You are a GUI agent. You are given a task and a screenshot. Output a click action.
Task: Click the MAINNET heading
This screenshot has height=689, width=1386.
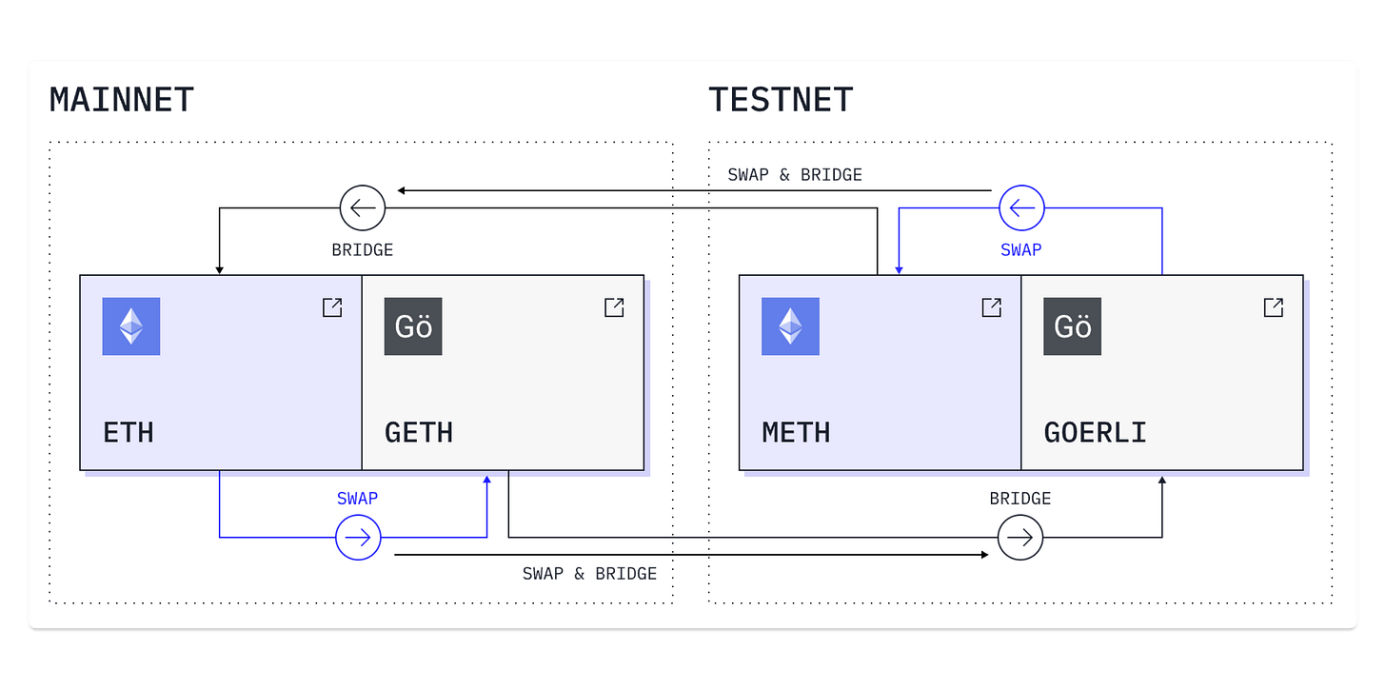(122, 100)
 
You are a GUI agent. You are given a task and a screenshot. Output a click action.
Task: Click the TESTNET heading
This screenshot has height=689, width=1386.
(781, 100)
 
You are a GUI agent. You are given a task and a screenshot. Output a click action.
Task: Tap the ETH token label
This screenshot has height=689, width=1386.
(129, 433)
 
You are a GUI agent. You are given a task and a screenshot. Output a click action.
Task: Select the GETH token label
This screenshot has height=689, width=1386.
(419, 433)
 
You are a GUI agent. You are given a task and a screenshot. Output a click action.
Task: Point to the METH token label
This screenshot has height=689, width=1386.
(796, 433)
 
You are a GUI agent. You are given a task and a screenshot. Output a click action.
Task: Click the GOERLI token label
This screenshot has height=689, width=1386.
(1095, 433)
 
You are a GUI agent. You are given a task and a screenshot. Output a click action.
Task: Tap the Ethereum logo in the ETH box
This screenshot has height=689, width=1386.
(131, 326)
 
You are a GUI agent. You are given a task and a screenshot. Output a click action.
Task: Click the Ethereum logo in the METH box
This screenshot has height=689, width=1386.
(790, 326)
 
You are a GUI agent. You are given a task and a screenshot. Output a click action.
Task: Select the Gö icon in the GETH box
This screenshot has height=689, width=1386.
(413, 326)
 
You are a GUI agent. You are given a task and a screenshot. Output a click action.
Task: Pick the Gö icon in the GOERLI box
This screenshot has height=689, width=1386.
(1072, 326)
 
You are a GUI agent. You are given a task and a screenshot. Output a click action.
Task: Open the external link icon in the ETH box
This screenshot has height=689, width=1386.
(332, 307)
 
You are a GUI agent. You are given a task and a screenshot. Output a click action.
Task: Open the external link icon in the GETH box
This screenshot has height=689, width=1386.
(614, 307)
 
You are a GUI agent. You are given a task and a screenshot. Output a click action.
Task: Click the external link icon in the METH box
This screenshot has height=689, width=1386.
(991, 307)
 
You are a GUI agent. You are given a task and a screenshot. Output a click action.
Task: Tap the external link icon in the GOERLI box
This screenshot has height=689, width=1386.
(1273, 307)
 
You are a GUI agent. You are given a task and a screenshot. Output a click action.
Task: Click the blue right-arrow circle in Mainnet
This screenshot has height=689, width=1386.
(358, 538)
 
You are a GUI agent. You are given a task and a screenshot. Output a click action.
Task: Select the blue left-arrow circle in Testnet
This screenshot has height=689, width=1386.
(1021, 207)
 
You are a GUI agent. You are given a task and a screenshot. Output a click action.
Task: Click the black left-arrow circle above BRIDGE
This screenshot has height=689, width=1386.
(363, 207)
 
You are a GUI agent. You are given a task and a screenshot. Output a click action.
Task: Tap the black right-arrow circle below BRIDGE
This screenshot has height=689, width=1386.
(1020, 538)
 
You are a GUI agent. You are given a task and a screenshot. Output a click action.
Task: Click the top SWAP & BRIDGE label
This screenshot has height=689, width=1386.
(795, 175)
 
